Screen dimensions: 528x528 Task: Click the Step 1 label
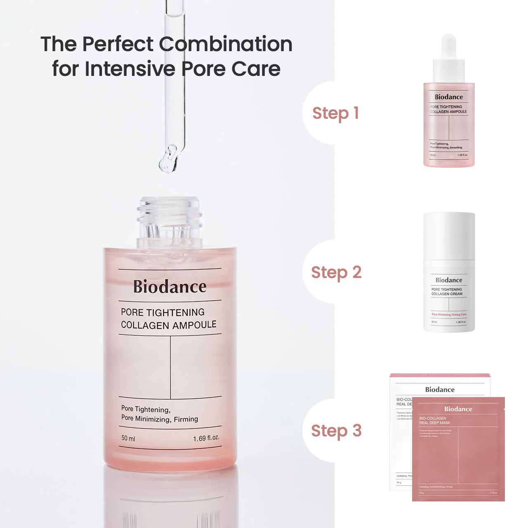pos(335,113)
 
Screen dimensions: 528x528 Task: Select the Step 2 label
pos(336,273)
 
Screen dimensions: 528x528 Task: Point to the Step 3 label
pos(336,431)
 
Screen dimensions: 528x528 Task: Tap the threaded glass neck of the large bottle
pos(170,219)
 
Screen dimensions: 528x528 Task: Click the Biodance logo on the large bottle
pos(170,286)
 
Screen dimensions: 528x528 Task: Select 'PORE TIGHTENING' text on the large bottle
pos(163,312)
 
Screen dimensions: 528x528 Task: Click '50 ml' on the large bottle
pos(128,438)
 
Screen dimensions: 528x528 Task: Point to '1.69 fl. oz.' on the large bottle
pos(206,438)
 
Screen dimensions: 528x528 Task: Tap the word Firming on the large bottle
pos(186,419)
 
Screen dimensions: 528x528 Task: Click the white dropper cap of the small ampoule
pos(449,60)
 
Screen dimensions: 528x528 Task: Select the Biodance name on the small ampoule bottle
pos(449,97)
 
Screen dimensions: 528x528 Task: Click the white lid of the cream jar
pos(449,235)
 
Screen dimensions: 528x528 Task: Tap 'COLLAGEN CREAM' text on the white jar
pos(447,294)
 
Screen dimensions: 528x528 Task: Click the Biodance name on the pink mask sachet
pos(458,409)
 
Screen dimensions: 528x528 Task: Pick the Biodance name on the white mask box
pos(440,389)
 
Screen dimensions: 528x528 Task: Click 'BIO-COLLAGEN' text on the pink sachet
pos(433,418)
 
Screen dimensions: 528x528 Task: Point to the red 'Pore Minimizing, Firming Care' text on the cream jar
pos(449,314)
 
